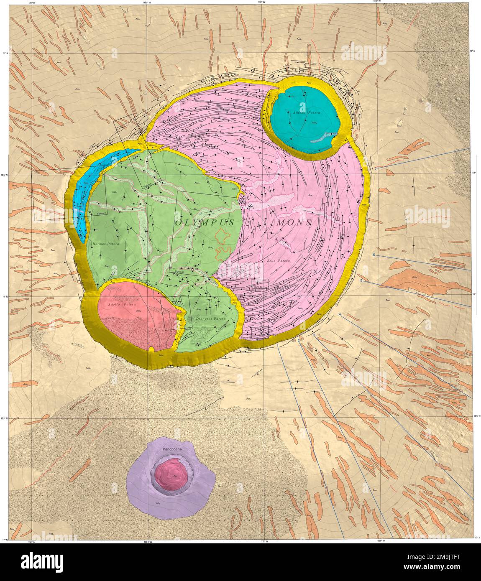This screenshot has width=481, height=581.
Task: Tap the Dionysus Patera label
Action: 210,319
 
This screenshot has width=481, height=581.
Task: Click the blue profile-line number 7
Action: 376,168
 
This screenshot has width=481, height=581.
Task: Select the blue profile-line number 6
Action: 374,255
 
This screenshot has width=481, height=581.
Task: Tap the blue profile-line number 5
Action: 361,281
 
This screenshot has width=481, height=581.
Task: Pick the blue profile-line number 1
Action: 278,346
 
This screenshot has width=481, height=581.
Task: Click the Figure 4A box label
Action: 257,287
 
